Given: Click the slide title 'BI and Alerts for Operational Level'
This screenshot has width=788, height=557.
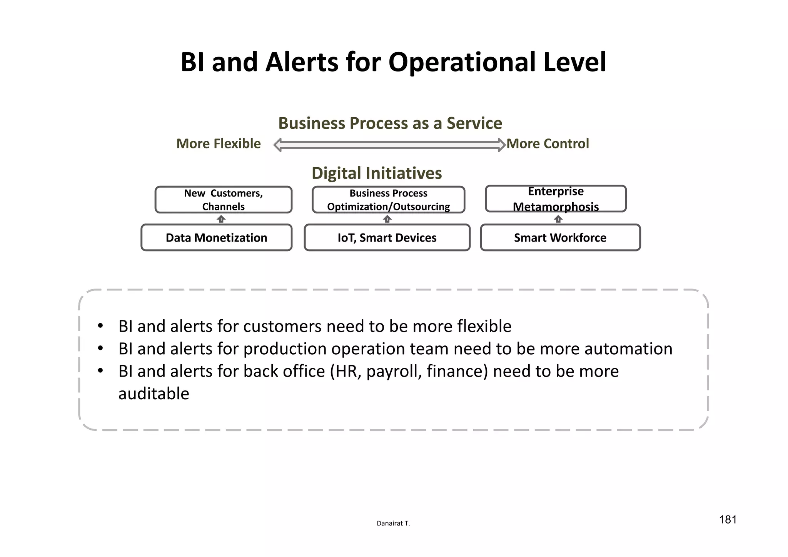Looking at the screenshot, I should click(x=393, y=62).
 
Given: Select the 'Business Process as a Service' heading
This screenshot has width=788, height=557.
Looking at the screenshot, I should click(x=390, y=123).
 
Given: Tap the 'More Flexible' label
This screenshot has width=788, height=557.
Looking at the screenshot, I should click(x=219, y=144).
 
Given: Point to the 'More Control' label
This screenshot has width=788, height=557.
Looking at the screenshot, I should click(x=548, y=144).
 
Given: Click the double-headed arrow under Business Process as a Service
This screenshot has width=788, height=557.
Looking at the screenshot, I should click(x=389, y=145).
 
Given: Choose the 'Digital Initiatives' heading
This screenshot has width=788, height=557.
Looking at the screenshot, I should click(x=377, y=173).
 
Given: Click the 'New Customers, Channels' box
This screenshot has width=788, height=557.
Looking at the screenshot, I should click(x=223, y=200).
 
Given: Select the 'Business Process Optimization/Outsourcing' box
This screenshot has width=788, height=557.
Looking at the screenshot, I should click(x=388, y=200).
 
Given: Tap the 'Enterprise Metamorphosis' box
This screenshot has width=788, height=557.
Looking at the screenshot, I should click(x=556, y=199).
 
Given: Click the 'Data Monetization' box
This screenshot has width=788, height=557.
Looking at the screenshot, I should click(x=216, y=238).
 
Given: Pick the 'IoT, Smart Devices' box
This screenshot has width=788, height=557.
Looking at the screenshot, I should click(x=387, y=238).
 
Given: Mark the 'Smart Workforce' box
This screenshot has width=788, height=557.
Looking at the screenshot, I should click(x=560, y=238).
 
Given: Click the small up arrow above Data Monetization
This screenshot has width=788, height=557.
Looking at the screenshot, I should click(x=221, y=219).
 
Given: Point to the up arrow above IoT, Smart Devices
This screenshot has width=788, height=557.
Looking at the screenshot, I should click(x=387, y=219).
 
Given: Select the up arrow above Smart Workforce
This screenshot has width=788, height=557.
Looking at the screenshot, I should click(x=558, y=219).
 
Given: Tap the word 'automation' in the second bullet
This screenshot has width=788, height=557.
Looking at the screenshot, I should click(x=628, y=349).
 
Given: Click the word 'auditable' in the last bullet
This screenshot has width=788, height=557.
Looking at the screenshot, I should click(x=154, y=394).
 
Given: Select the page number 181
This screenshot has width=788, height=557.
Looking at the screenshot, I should click(x=728, y=520).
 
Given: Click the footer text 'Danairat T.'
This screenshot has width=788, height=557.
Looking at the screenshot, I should click(x=393, y=523).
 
